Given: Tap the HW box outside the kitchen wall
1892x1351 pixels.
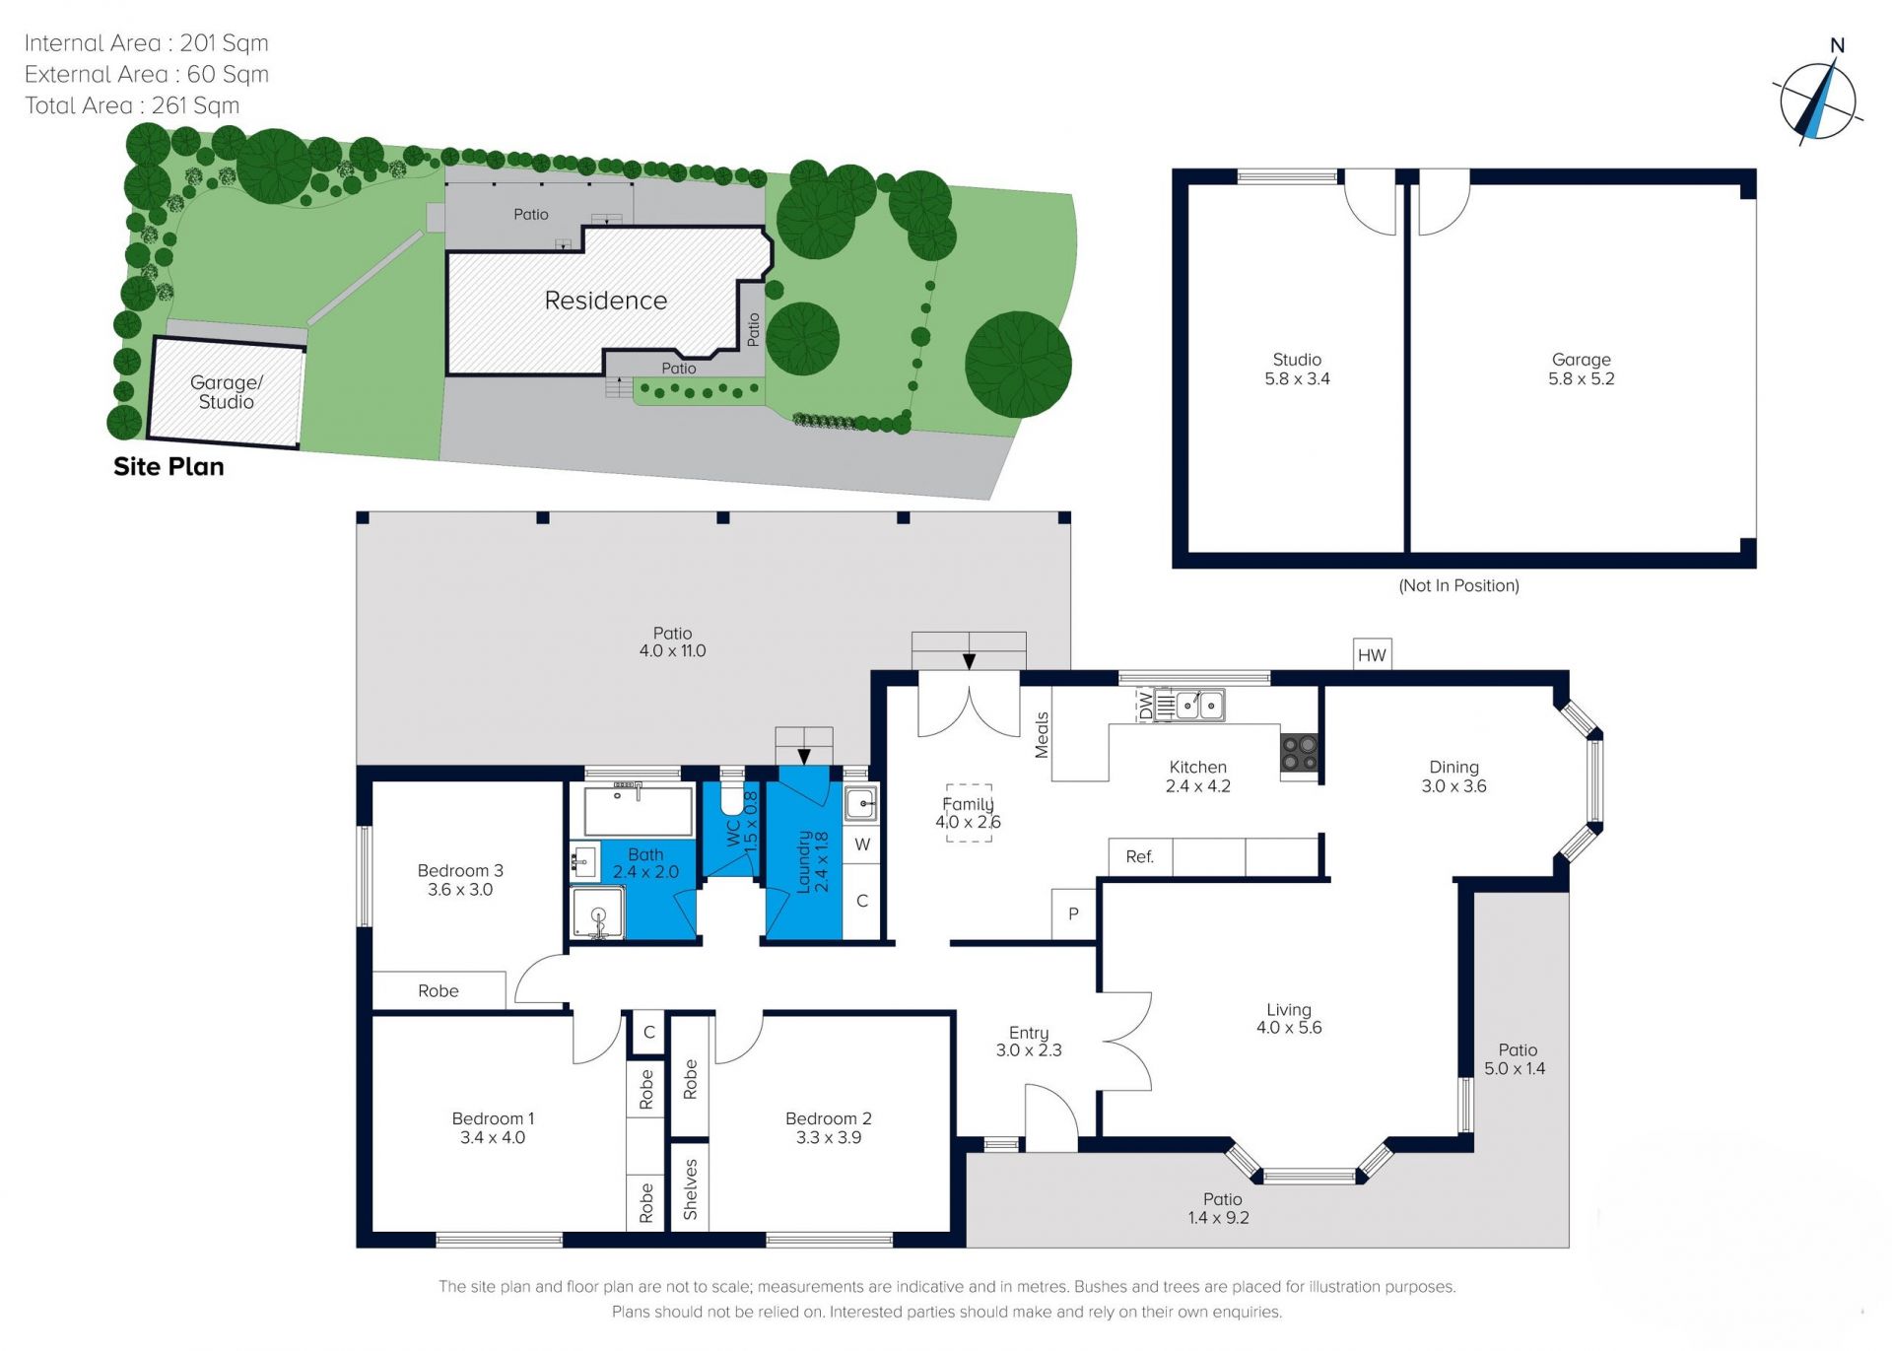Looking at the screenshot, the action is (x=1372, y=654).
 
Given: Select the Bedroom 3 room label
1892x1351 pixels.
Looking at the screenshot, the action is (x=460, y=880).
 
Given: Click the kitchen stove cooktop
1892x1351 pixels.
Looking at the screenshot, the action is (x=1299, y=754).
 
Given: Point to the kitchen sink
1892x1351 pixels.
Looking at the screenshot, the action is (x=1199, y=706).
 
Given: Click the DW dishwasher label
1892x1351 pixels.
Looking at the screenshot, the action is (x=1145, y=706).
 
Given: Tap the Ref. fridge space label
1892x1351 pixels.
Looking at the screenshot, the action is (x=1139, y=857).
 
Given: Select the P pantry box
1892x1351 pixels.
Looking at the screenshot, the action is (x=1073, y=914).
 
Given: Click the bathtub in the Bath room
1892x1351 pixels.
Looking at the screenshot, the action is (x=639, y=811).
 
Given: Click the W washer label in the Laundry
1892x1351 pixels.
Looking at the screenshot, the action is (x=862, y=844).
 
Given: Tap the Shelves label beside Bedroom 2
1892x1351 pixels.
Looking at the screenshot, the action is (x=690, y=1188).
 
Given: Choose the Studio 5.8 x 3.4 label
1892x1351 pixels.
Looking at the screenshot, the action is (x=1297, y=370).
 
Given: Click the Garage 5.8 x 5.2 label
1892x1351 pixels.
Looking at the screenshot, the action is (x=1582, y=370).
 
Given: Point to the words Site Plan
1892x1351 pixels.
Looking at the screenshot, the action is (x=169, y=467).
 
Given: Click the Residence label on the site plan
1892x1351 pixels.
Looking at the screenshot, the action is (x=606, y=301).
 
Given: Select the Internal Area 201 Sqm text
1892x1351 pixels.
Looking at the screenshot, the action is (x=146, y=43).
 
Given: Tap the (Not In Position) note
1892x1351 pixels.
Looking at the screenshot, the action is (x=1459, y=585).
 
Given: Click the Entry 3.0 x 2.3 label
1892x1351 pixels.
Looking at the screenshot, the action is (x=1029, y=1042).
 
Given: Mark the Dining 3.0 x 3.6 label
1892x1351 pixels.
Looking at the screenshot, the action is (x=1453, y=777).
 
